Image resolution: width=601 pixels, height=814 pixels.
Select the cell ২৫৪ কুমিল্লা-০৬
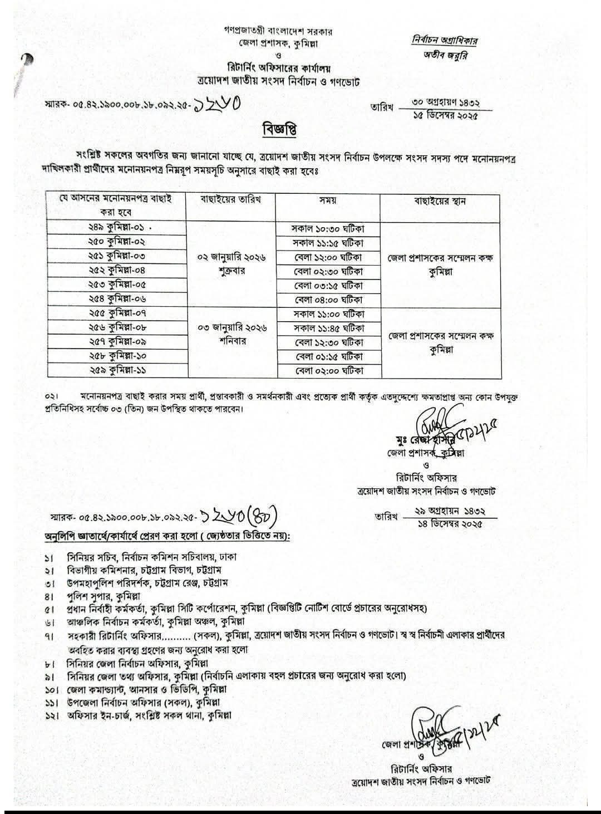[116, 299]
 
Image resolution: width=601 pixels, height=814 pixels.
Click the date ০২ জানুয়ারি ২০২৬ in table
[232, 258]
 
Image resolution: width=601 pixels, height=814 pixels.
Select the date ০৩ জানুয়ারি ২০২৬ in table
[232, 328]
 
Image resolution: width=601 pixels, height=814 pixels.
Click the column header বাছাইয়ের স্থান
[440, 200]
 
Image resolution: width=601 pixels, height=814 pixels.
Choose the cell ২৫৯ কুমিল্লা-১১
[116, 370]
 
